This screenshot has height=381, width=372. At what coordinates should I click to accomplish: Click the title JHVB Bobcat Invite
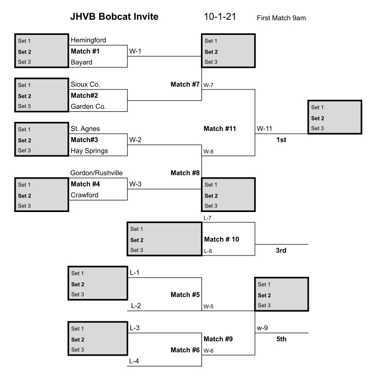[x=114, y=17]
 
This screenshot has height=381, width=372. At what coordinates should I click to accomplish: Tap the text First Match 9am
[x=281, y=18]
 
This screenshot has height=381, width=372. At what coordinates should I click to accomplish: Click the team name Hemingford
[x=89, y=40]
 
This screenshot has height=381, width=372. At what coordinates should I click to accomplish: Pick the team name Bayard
[x=81, y=62]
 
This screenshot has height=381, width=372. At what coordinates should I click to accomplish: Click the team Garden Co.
[x=88, y=106]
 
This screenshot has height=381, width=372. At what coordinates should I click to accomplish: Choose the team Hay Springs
[x=89, y=151]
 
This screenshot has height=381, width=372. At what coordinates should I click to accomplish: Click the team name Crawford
[x=85, y=195]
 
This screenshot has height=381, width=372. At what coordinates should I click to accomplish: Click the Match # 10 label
[x=222, y=239]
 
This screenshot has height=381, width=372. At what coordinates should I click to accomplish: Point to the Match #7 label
[x=186, y=84]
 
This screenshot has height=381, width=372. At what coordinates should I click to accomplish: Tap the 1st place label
[x=281, y=140]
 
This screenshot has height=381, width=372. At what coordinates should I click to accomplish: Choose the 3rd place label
[x=281, y=250]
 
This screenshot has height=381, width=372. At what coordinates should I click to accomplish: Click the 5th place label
[x=281, y=339]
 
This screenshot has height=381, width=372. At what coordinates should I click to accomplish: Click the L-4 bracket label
[x=134, y=361]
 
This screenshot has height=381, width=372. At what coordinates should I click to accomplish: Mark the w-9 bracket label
[x=262, y=328]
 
